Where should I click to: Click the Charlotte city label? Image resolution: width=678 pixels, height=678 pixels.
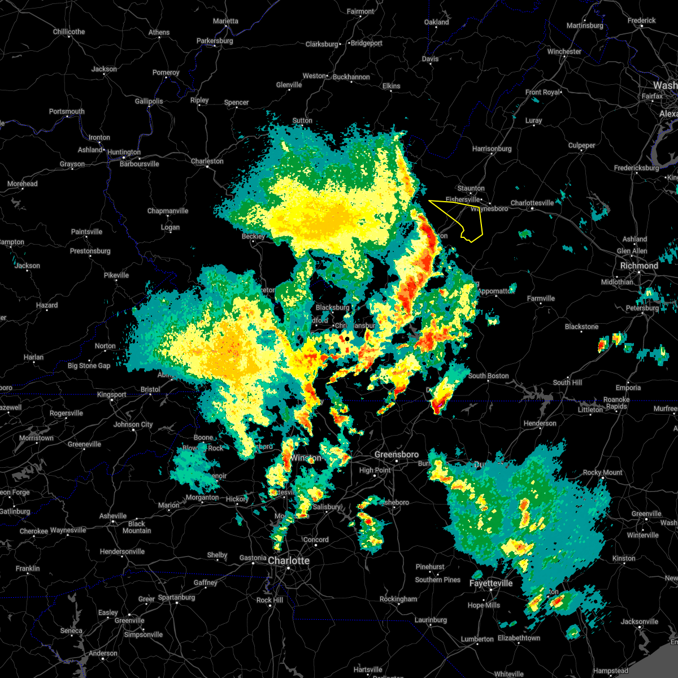pyautogui.click(x=289, y=560)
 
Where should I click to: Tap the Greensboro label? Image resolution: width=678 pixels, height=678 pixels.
pyautogui.click(x=397, y=454)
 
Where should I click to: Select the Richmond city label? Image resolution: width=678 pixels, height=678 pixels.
pyautogui.click(x=639, y=266)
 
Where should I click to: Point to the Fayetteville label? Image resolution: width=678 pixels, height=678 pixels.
pyautogui.click(x=491, y=583)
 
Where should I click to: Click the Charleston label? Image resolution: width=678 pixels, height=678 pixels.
pyautogui.click(x=207, y=161)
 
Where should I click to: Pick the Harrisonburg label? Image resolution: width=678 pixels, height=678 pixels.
pyautogui.click(x=492, y=149)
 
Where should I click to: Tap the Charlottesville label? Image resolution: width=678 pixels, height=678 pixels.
pyautogui.click(x=532, y=203)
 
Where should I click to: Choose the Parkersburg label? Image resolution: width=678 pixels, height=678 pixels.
pyautogui.click(x=215, y=41)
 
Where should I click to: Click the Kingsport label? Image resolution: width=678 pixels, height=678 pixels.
pyautogui.click(x=111, y=394)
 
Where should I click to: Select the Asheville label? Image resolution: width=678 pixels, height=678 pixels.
pyautogui.click(x=113, y=516)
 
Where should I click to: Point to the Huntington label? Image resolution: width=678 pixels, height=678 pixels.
pyautogui.click(x=124, y=152)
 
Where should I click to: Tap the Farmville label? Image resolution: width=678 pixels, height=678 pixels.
pyautogui.click(x=541, y=298)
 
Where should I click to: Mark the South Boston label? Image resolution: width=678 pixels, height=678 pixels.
pyautogui.click(x=488, y=376)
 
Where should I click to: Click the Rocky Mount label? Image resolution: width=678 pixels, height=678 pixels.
pyautogui.click(x=602, y=472)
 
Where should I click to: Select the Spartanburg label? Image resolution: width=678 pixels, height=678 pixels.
pyautogui.click(x=176, y=597)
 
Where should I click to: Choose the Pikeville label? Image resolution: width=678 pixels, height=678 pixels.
pyautogui.click(x=116, y=275)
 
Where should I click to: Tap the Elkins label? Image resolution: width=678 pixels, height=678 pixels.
pyautogui.click(x=391, y=86)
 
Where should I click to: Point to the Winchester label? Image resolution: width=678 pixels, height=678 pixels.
pyautogui.click(x=564, y=51)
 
